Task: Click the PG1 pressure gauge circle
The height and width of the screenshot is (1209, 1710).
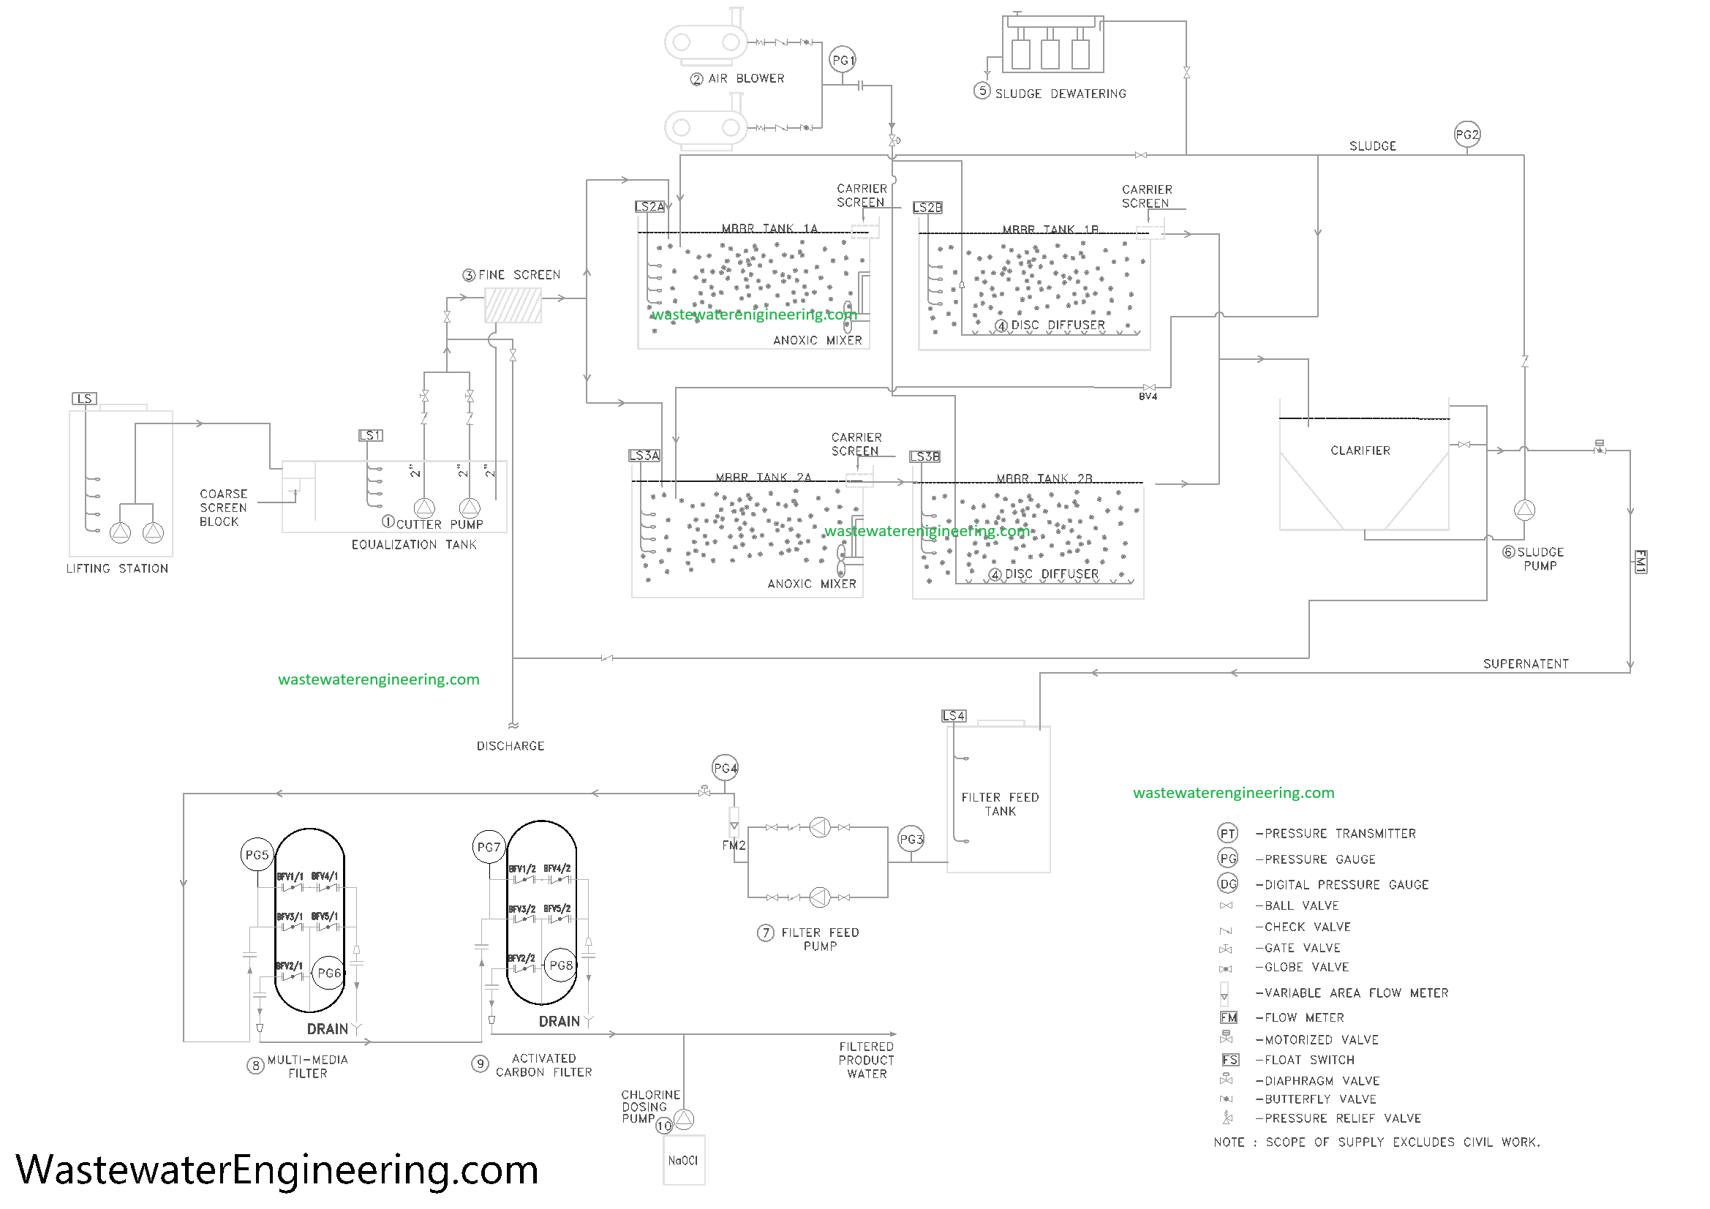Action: (843, 60)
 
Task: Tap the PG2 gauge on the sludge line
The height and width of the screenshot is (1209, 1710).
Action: (1466, 135)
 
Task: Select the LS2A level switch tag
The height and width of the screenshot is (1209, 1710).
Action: (649, 206)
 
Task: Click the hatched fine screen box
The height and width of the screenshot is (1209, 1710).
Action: (513, 306)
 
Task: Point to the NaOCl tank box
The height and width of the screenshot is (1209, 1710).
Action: (683, 1160)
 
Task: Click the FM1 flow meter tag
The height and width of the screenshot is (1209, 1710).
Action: (1640, 562)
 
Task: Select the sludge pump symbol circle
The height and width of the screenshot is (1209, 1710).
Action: (1524, 511)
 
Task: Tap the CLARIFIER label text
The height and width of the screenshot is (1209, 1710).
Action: (1360, 451)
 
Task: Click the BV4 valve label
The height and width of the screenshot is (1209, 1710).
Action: (1148, 397)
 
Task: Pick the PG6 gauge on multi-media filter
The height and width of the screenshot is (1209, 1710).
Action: (328, 973)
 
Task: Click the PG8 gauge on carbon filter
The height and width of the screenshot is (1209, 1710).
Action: (561, 965)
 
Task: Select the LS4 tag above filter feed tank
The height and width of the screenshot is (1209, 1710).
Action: (954, 716)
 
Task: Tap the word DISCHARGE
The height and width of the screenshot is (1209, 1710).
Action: (511, 746)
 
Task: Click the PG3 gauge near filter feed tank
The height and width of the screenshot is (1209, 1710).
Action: (911, 840)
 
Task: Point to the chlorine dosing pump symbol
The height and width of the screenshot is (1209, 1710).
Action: (685, 1119)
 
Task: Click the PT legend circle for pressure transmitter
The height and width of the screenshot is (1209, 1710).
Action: (1227, 834)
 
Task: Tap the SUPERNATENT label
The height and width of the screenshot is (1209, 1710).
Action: (1525, 663)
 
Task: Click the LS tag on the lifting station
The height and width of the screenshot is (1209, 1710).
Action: (84, 399)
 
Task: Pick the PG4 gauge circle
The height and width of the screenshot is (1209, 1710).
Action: (725, 768)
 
